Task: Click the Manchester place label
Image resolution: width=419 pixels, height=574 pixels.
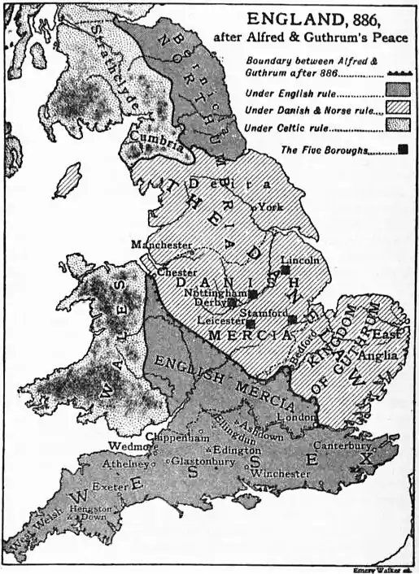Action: (x=162, y=244)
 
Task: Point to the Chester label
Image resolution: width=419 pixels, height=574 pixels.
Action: (x=177, y=272)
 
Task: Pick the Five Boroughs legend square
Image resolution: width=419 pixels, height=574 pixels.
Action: (x=403, y=150)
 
